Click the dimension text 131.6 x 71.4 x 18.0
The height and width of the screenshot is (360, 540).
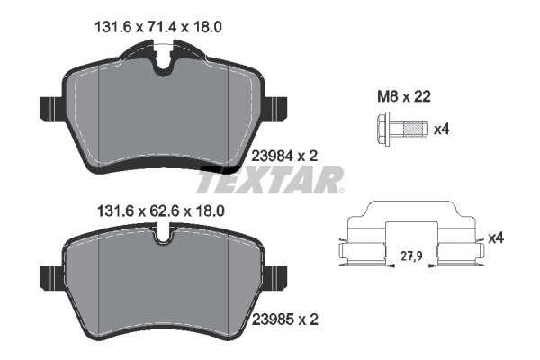pyautogui.click(x=158, y=27)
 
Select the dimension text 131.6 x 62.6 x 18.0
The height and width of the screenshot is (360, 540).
pyautogui.click(x=161, y=211)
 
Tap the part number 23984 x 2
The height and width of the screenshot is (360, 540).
pyautogui.click(x=284, y=157)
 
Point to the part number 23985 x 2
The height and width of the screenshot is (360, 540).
pyautogui.click(x=284, y=319)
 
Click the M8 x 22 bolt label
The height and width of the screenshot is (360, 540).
pyautogui.click(x=404, y=97)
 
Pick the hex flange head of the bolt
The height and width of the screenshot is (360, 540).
pyautogui.click(x=384, y=130)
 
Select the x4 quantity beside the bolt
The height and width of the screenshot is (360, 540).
pyautogui.click(x=442, y=130)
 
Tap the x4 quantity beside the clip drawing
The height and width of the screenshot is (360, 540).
pyautogui.click(x=496, y=238)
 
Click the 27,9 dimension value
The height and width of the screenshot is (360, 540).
pyautogui.click(x=411, y=256)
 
